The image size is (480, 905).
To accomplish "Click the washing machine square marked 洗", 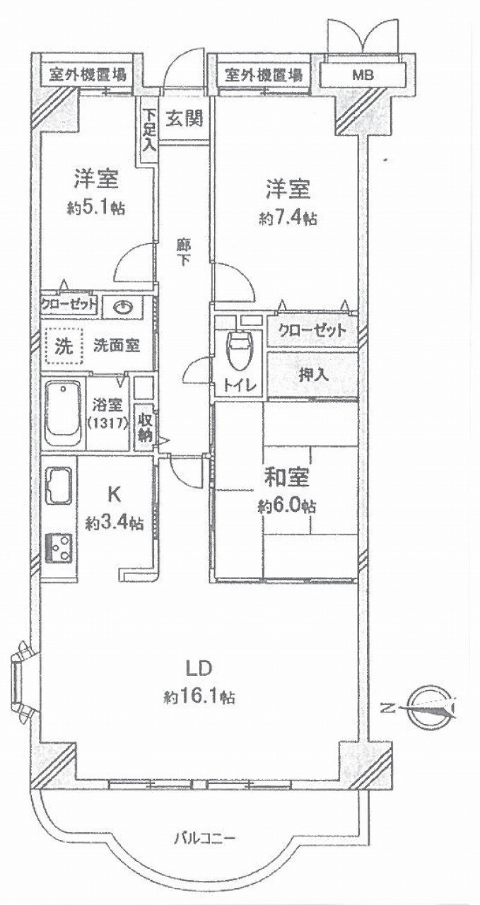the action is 64,346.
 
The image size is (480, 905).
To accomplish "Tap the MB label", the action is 363,75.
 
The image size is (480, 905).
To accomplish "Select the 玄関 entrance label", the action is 185,118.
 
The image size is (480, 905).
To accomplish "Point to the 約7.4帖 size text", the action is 288,218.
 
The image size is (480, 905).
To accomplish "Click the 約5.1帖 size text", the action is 95,209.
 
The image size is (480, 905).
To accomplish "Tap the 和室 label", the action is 287,477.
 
